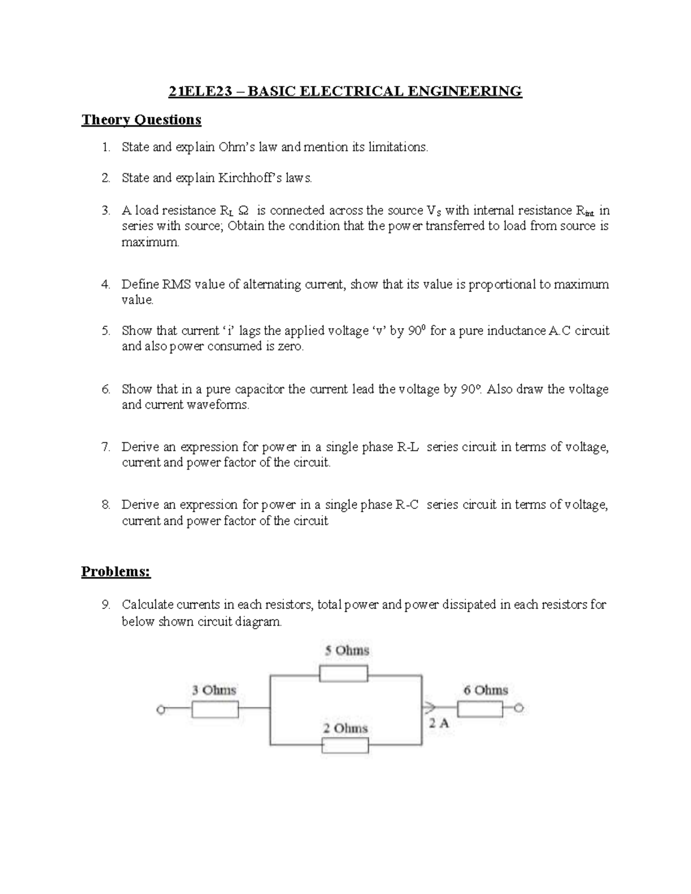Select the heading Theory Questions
tap(141, 120)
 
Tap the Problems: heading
tap(115, 572)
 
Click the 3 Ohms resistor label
tap(214, 690)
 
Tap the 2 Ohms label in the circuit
tap(345, 728)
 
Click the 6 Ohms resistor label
tap(486, 690)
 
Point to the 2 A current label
tap(438, 724)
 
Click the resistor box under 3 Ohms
tap(215, 710)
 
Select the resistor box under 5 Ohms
tap(344, 674)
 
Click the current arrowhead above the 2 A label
tap(429, 708)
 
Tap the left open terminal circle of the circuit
tap(161, 710)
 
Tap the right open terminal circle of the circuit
tap(519, 709)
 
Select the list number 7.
tap(105, 447)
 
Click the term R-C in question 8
tap(407, 505)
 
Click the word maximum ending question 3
tap(150, 242)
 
